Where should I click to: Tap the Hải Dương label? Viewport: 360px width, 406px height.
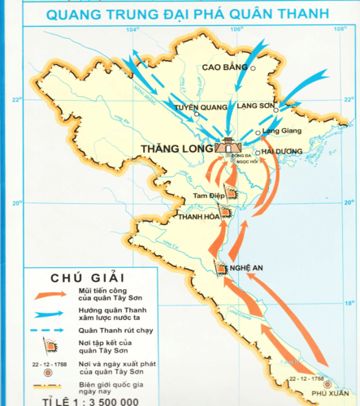[x=281, y=152]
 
